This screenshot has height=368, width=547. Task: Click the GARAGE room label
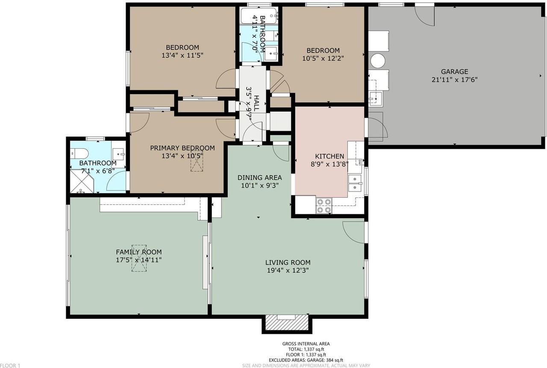(x=454, y=72)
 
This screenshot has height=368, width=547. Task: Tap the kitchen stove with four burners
(x=323, y=206)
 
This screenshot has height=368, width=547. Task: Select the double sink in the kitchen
(x=355, y=183)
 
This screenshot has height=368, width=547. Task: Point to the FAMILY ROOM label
(x=139, y=252)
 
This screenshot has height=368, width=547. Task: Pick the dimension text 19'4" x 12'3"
(x=288, y=270)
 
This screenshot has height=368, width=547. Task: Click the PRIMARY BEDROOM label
(x=182, y=148)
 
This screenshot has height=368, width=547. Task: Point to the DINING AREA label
(x=260, y=177)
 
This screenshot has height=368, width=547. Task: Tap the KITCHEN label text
(x=329, y=156)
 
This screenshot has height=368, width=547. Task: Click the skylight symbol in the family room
(x=139, y=258)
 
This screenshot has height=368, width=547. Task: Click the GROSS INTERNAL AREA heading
(x=306, y=344)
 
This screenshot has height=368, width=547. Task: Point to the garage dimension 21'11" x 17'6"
(x=454, y=79)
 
